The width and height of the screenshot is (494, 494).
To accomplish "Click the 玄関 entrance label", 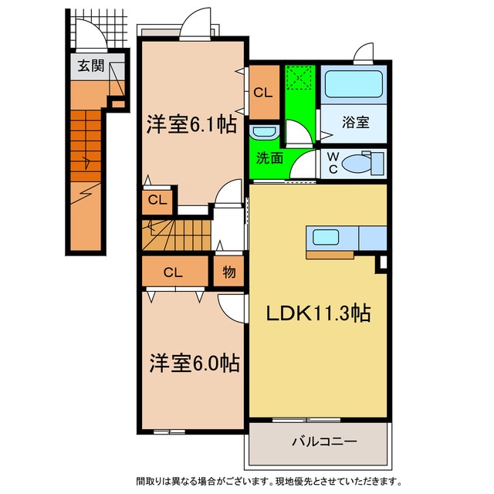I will pos(90,66).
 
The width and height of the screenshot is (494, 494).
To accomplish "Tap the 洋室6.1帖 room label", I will pos(192,124).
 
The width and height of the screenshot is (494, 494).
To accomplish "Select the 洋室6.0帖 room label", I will pos(194,362).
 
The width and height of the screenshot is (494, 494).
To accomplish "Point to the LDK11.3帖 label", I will pos(318,313).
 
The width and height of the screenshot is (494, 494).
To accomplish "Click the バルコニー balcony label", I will pos(323,443).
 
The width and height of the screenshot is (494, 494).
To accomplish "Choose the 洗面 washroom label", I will pos(269,157).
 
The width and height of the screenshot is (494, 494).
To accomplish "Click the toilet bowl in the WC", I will pos(359,164).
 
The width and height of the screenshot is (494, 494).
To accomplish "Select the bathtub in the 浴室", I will pos(352,84).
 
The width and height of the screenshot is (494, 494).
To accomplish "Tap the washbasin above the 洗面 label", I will pos(263,132).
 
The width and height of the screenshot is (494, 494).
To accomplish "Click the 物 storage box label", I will pos(229,272).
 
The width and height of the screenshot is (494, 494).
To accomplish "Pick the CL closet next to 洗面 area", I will pos(263,93).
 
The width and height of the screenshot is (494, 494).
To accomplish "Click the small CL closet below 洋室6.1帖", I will pos(157,201).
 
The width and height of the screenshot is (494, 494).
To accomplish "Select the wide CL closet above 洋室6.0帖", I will pos(174,272).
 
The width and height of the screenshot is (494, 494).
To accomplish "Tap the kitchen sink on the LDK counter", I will pos(323,236).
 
